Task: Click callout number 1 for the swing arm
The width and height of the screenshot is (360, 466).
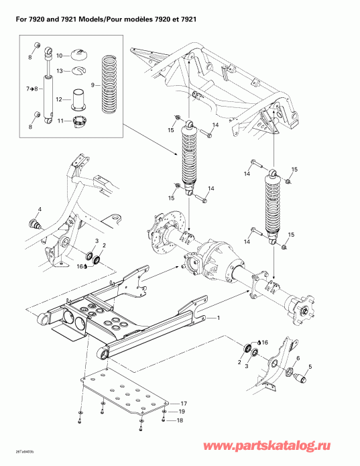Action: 217,317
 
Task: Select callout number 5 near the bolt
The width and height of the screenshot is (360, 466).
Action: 310,367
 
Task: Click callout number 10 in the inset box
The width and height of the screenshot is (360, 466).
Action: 59,55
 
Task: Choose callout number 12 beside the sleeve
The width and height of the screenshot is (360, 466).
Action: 59,99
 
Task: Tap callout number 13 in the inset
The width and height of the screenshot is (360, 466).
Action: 59,70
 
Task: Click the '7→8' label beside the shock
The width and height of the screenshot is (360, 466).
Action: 32,89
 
